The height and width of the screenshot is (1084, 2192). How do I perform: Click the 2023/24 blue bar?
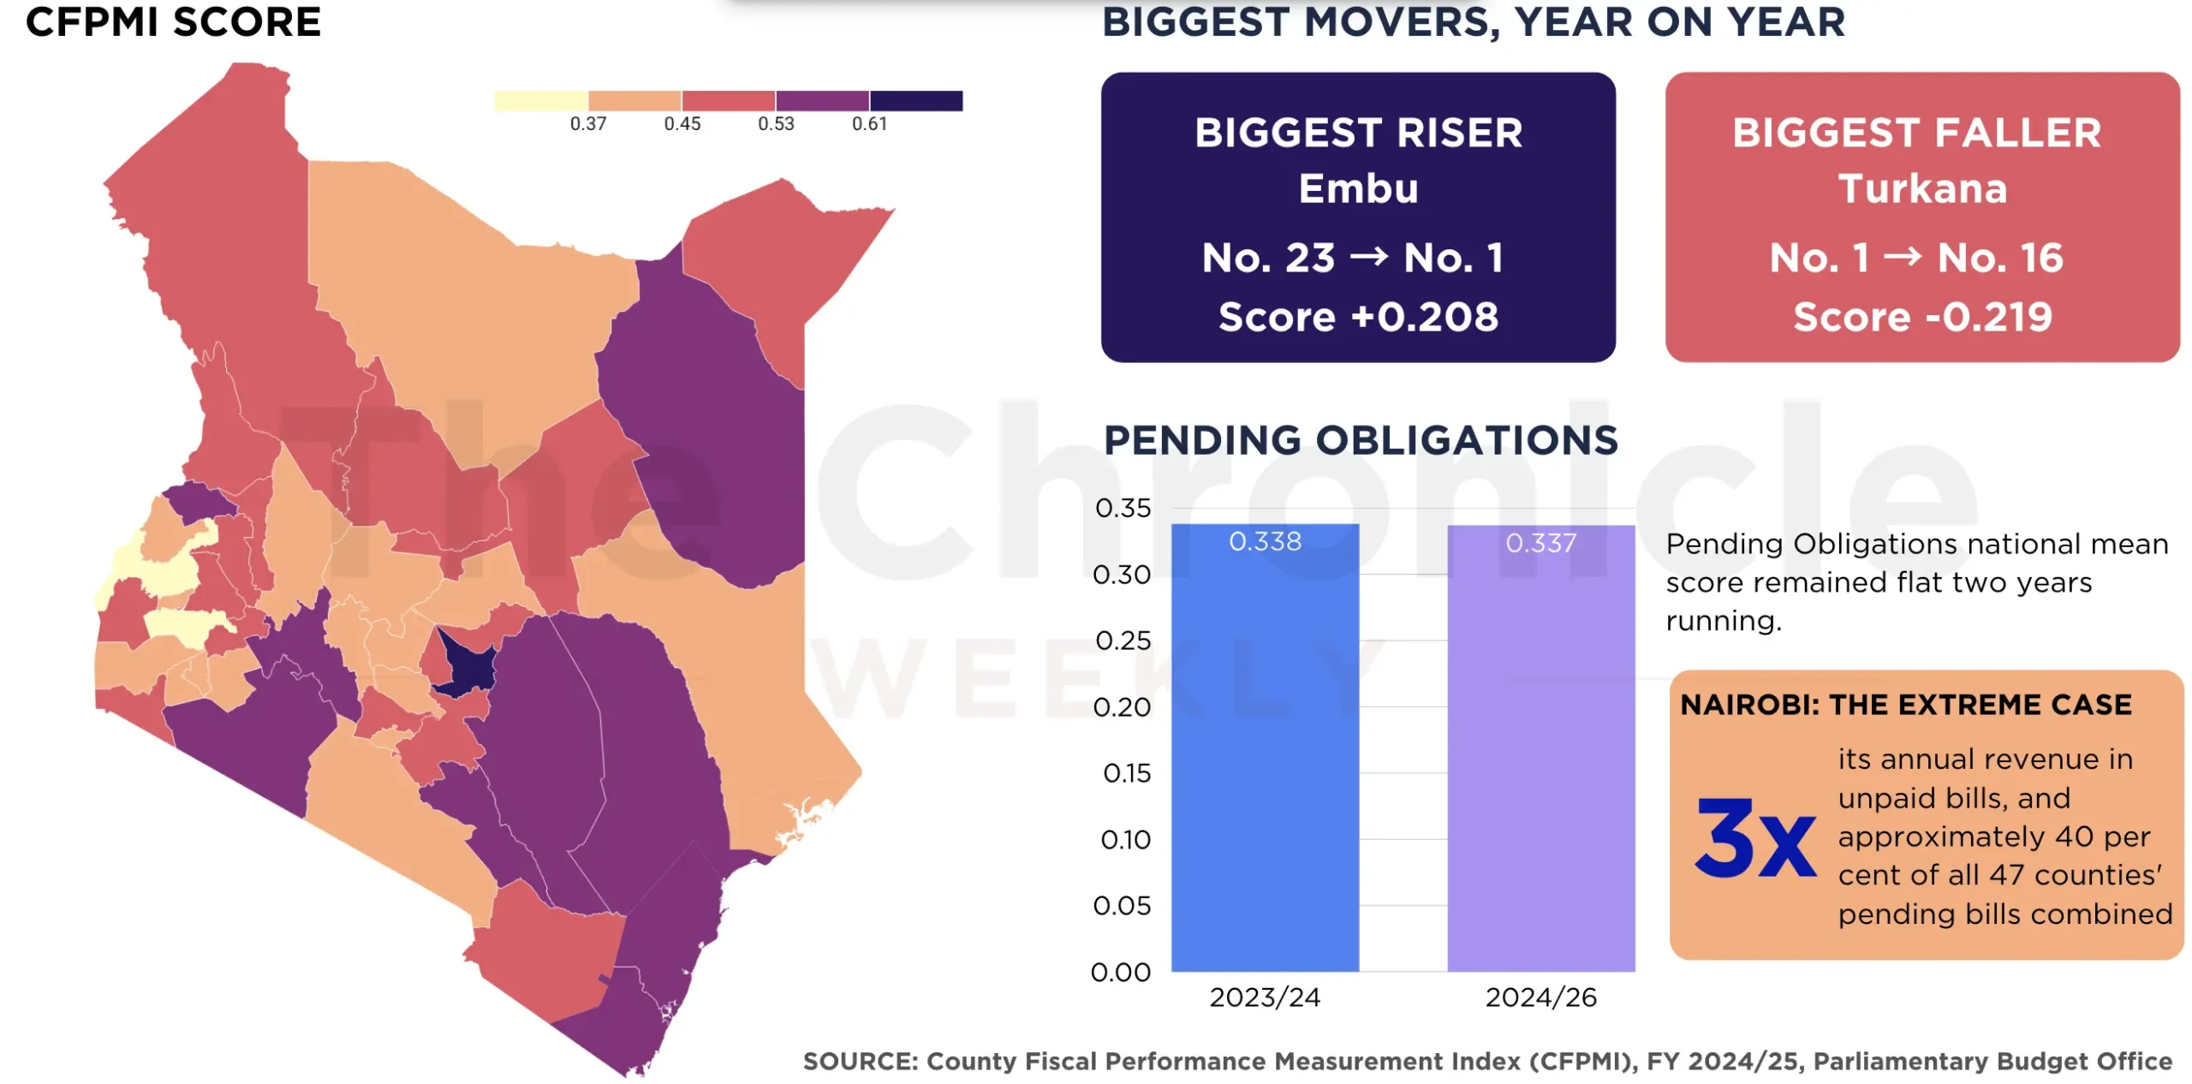pos(1265,747)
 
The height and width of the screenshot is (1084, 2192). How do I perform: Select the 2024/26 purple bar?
pos(1540,747)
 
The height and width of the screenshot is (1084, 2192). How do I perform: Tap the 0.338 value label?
pos(1265,541)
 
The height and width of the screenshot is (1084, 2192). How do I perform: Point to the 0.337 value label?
pos(1540,543)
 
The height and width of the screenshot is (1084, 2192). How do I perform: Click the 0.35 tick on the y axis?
pos(1123,508)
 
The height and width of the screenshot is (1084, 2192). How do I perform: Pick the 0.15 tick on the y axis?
pos(1127,773)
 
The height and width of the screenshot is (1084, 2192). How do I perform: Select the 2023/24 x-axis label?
pos(1265,997)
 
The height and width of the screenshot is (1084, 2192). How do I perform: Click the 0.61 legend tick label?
pos(869,123)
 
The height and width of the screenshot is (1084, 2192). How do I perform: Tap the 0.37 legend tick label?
pos(588,123)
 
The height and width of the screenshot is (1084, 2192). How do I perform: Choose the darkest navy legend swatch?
pos(916,100)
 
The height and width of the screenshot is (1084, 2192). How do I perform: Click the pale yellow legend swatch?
pos(541,100)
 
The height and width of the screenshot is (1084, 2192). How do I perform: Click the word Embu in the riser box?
pos(1358,188)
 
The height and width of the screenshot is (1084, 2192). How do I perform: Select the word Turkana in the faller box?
pos(1922,188)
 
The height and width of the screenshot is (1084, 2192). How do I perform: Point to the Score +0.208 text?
pos(1358,317)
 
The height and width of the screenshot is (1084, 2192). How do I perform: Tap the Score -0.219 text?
pos(1922,317)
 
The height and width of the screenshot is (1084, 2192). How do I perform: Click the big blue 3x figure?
pos(1754,838)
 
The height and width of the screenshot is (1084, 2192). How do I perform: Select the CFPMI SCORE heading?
pos(173,21)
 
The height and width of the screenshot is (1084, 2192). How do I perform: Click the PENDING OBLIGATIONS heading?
pos(1361,440)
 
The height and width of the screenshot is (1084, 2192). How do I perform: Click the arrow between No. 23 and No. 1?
pos(1368,256)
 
